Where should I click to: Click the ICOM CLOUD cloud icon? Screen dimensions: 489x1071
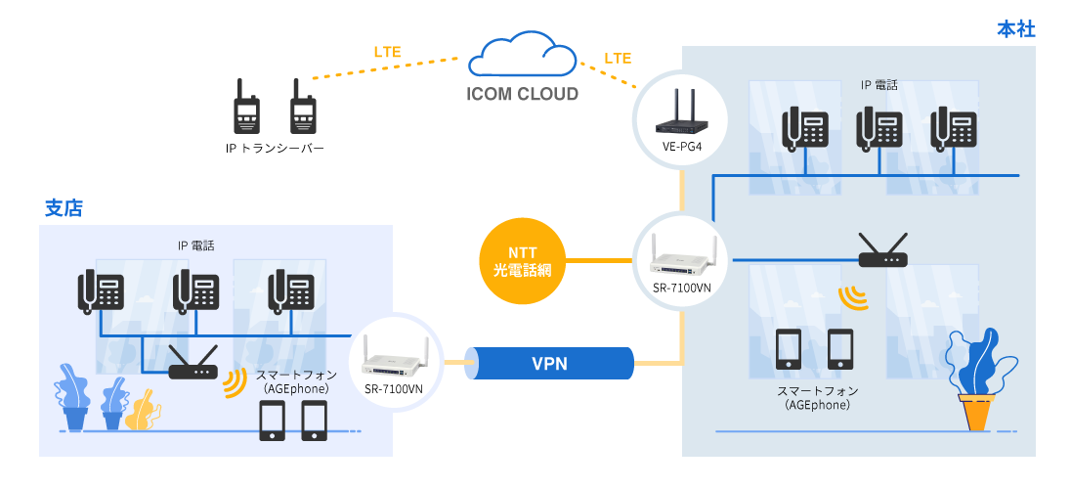(522, 56)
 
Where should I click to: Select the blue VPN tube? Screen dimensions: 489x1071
(550, 364)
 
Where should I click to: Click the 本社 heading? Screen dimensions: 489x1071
(1015, 29)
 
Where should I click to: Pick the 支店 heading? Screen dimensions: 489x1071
(64, 208)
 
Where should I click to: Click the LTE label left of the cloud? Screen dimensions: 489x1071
(387, 52)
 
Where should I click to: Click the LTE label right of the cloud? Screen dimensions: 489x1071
(618, 59)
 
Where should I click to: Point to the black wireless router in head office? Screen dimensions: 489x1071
(882, 252)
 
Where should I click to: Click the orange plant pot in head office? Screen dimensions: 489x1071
(975, 412)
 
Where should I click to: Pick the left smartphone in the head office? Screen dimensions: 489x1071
(788, 349)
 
